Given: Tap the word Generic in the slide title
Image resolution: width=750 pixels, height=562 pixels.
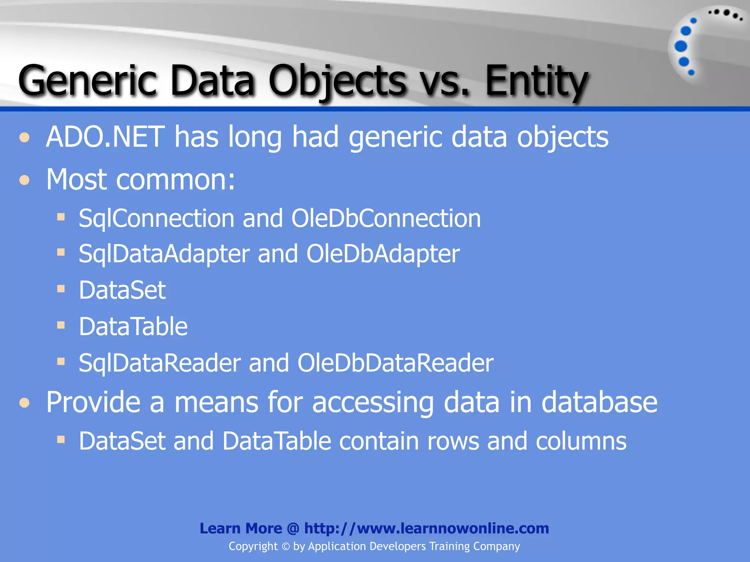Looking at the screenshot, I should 88,80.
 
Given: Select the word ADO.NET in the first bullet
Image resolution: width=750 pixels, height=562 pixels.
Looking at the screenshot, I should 105,137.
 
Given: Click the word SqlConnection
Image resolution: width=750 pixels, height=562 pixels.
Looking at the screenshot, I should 156,218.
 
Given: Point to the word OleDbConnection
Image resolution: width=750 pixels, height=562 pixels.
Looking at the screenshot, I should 386,218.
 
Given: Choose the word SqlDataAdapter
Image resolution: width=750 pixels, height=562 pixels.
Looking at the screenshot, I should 164,254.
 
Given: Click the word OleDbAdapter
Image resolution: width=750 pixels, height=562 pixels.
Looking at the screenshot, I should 383,254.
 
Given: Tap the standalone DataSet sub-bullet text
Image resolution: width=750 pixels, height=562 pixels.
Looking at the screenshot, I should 122,290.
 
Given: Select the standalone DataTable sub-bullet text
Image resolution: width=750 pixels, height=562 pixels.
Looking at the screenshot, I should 133,326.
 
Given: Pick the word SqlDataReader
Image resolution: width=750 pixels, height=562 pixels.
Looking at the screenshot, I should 160,363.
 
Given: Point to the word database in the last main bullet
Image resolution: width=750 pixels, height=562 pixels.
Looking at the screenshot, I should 599,402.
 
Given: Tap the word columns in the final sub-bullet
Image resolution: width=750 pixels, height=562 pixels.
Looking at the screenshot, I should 581,441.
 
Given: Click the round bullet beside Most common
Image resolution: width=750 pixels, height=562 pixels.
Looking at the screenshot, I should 25,180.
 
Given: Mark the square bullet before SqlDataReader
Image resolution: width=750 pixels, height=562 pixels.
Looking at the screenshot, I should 61,362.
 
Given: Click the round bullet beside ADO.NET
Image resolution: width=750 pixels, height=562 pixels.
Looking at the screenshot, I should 25,138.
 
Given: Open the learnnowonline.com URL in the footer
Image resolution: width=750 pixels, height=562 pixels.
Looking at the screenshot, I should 427,528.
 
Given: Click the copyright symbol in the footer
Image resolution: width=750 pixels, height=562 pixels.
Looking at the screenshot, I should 285,547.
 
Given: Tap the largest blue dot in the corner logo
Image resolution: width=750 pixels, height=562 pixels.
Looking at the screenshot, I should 681,46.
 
